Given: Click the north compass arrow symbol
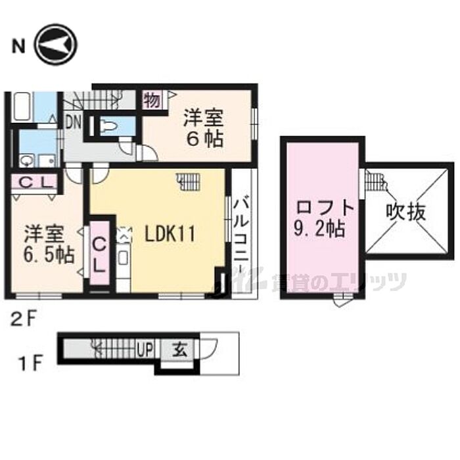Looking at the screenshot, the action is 56,45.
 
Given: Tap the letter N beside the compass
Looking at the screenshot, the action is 18,45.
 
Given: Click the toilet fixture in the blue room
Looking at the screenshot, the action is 108,126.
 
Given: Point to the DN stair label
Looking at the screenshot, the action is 74,122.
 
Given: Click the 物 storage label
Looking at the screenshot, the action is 152,99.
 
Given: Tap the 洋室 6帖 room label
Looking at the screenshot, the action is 203,128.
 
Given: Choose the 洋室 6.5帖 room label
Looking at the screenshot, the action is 49,244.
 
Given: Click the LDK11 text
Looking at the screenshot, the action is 170,235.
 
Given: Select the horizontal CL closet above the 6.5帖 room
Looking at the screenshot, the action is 34,182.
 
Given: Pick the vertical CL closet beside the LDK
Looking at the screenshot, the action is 99,253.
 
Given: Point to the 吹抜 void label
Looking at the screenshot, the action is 406,212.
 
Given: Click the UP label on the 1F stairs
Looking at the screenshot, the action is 145,350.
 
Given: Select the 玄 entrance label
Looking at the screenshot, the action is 179,350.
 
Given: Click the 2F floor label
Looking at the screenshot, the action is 24,319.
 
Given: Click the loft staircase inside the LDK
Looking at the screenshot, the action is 189,181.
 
